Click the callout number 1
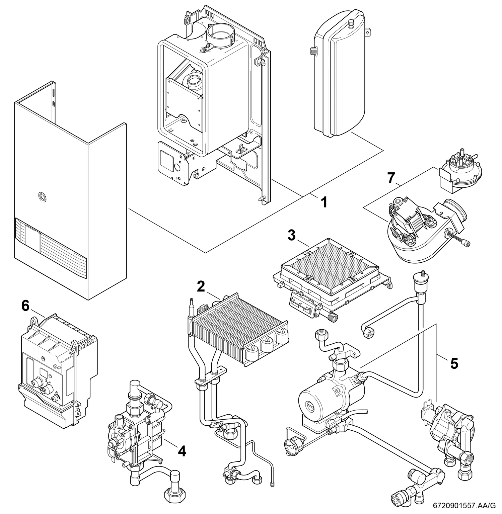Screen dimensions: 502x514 point(324,202)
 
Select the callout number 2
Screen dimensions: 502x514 point(201,286)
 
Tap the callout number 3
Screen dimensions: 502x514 point(292,235)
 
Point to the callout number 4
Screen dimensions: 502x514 point(182,451)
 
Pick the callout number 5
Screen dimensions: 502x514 point(454,363)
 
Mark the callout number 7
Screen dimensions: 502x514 point(391,178)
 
